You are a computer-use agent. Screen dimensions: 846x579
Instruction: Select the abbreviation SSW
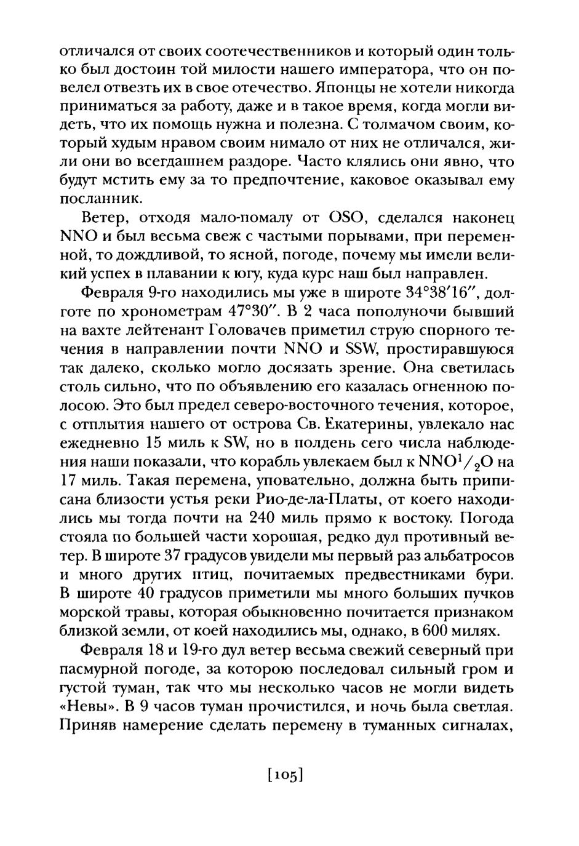(x=377, y=349)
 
